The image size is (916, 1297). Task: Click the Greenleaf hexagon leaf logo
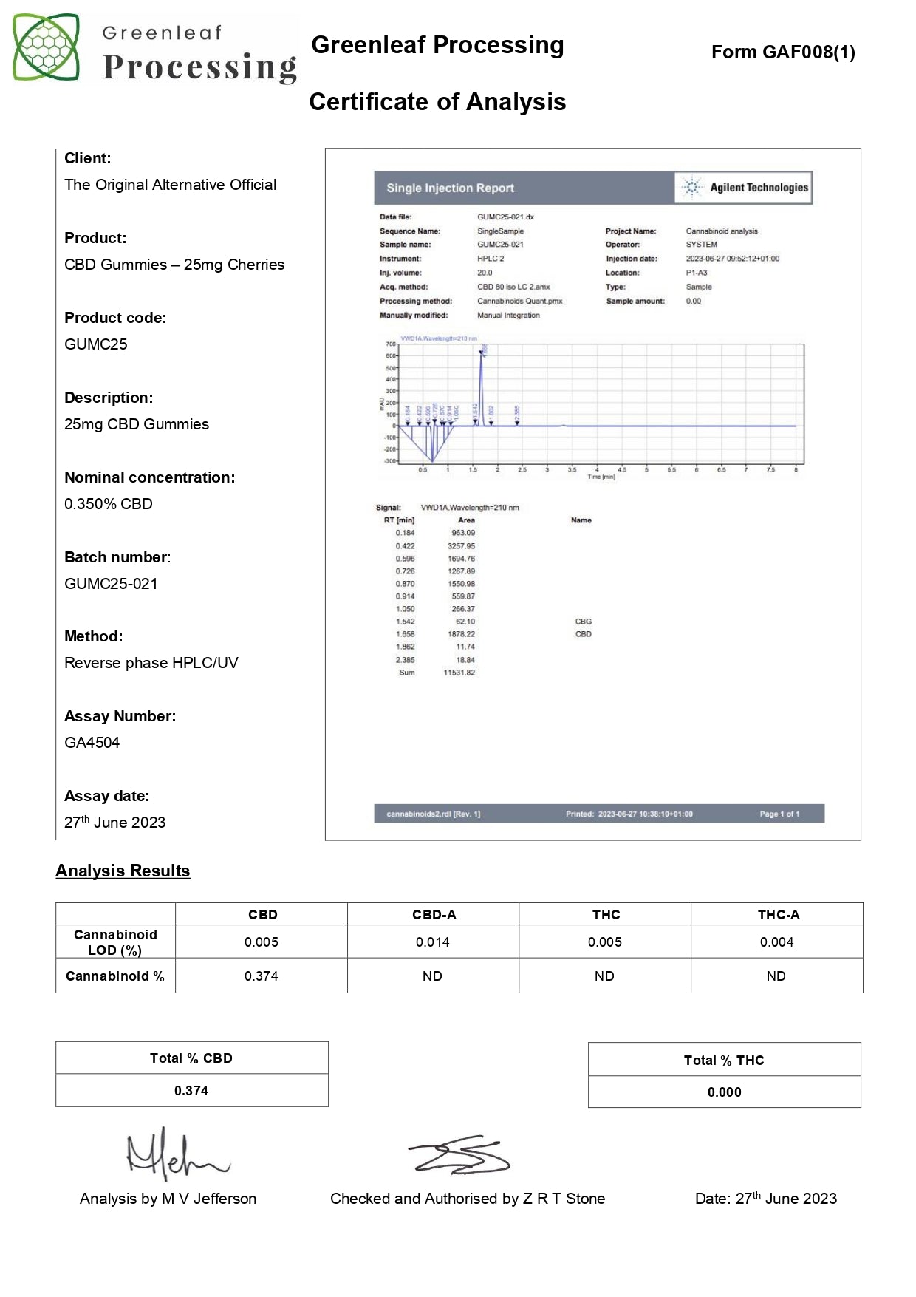(x=46, y=47)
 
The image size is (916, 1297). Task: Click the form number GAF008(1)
(x=783, y=52)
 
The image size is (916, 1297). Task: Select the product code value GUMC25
(x=96, y=344)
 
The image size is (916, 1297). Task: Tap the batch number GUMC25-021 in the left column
(x=111, y=584)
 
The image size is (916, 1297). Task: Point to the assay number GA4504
(x=92, y=743)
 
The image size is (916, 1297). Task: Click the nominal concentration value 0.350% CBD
(x=109, y=504)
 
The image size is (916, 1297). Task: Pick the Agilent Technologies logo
(x=745, y=188)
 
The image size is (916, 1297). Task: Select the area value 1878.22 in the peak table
(x=462, y=634)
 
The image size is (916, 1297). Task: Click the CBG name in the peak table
(x=583, y=622)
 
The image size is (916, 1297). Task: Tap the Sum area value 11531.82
(x=459, y=673)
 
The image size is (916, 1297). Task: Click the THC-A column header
(x=778, y=915)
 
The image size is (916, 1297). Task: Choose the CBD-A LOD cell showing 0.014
(x=432, y=942)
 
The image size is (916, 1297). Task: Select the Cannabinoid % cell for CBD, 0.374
(x=262, y=976)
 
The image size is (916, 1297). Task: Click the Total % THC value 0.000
(x=724, y=1092)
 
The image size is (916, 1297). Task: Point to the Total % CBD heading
(x=191, y=1058)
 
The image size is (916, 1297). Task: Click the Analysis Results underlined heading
(x=123, y=871)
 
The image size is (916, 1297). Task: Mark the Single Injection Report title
(x=450, y=188)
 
